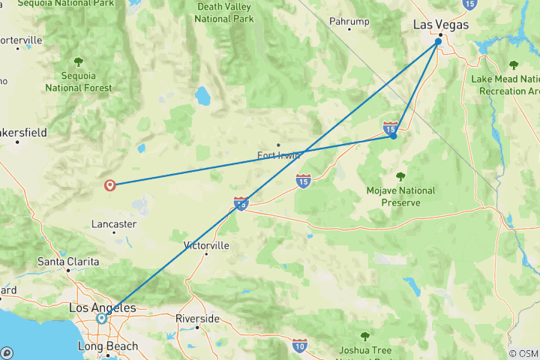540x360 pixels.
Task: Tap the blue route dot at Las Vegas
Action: tap(438, 42)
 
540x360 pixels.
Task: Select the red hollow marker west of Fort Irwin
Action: tap(111, 184)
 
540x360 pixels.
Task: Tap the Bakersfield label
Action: tap(22, 133)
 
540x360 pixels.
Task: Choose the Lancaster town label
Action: tap(113, 223)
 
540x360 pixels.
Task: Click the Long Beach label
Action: tap(108, 346)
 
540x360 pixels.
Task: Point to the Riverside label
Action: tap(197, 318)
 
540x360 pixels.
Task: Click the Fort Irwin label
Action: tap(279, 155)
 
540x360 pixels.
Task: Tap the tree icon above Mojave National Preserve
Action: tap(400, 177)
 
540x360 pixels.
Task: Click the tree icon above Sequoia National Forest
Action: tap(78, 61)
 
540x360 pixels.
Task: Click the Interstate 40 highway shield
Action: tap(241, 203)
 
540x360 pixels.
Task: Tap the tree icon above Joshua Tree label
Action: tap(365, 336)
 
